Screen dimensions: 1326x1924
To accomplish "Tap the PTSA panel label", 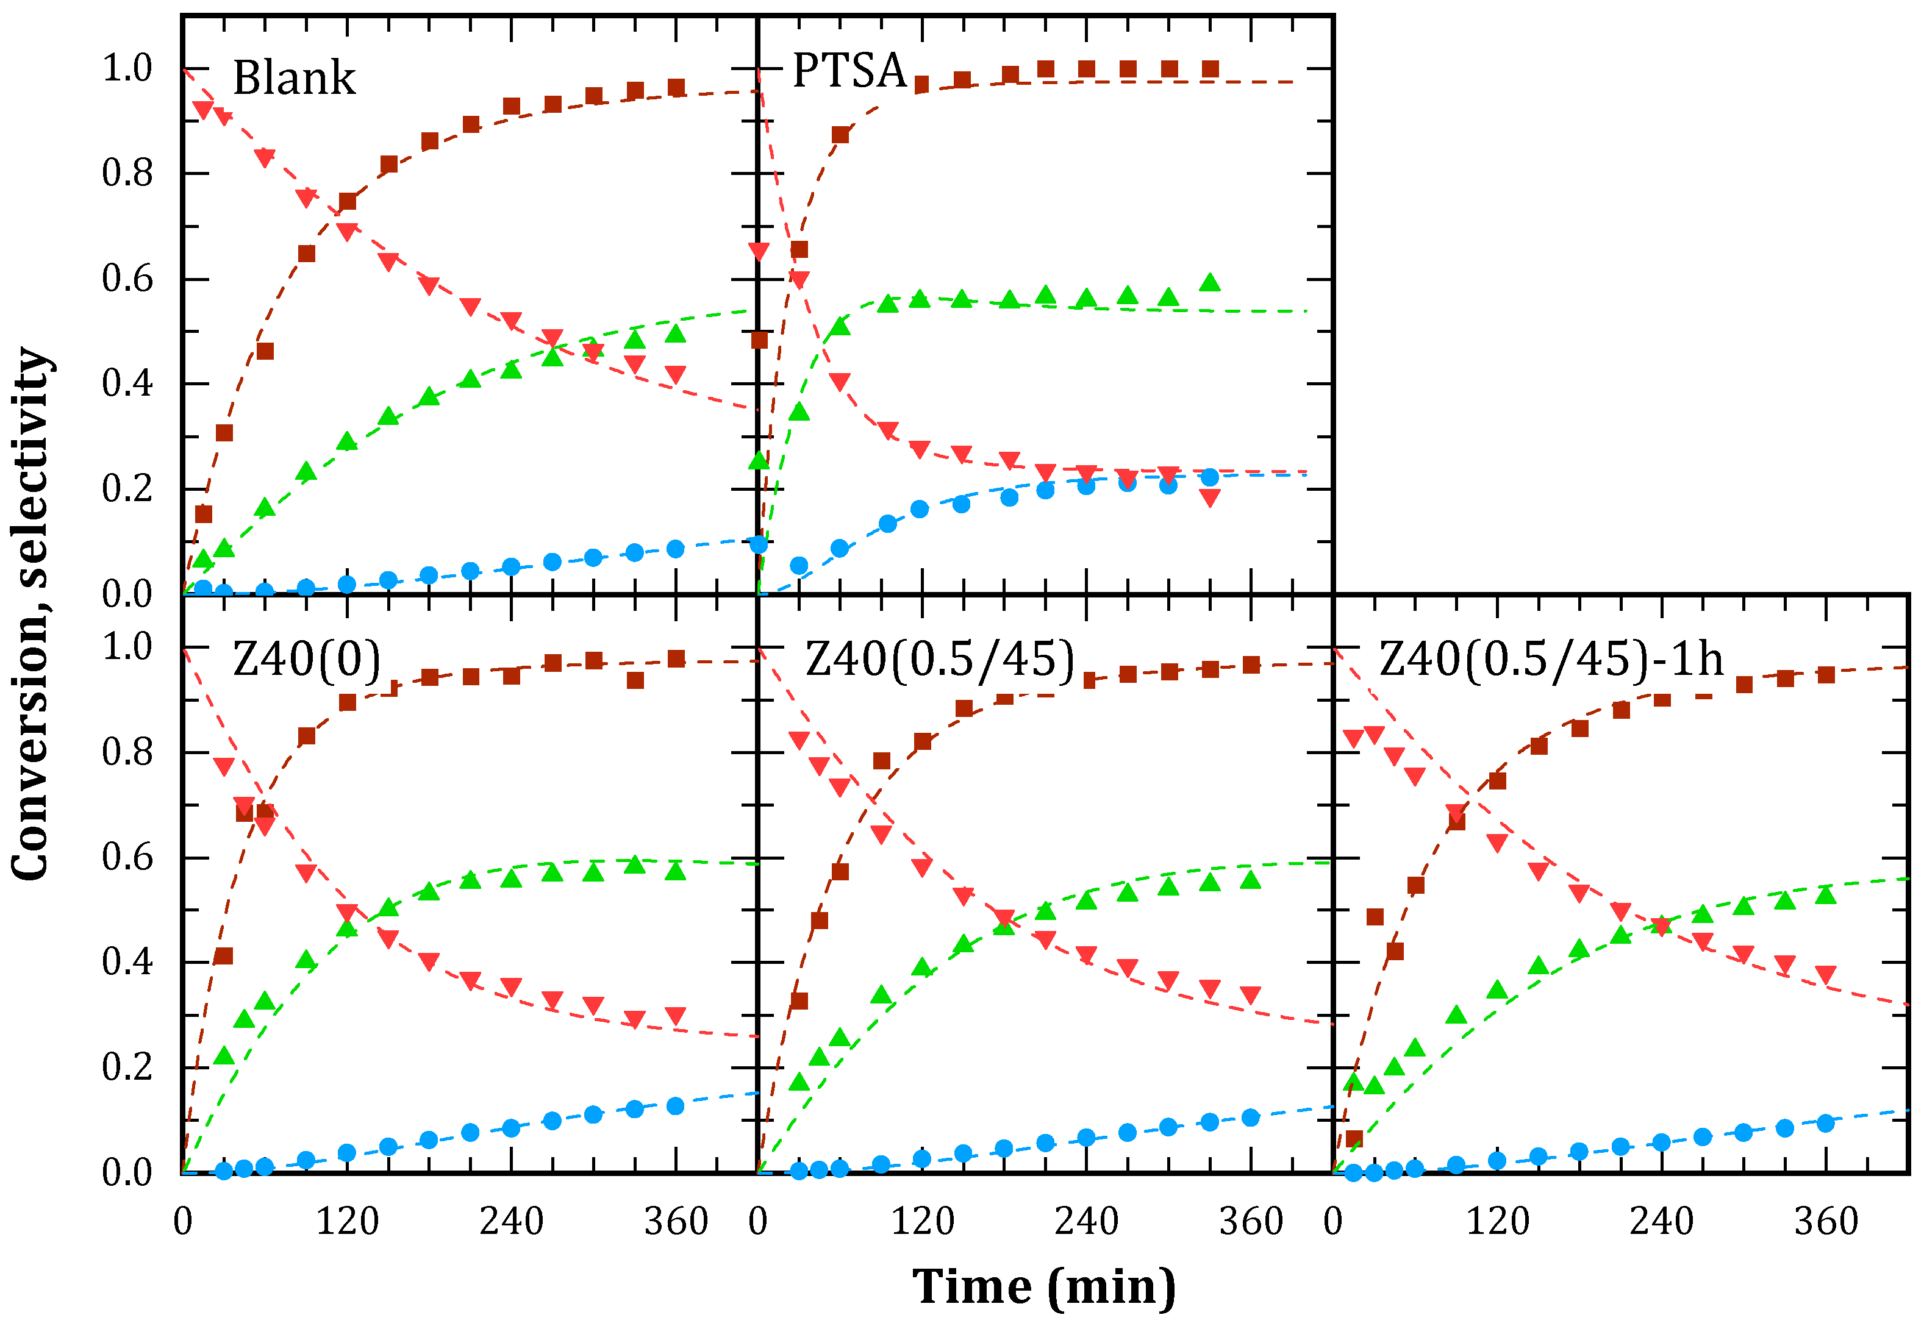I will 848,71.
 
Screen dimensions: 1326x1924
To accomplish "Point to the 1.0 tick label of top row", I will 127,68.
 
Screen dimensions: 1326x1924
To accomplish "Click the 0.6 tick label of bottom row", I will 127,857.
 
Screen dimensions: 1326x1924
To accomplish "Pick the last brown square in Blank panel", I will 676,87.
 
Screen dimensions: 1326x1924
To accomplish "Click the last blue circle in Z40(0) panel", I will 676,1106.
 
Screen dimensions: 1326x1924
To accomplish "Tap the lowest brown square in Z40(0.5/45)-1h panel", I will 1354,1138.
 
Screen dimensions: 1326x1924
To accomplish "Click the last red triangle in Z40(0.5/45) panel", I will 1251,996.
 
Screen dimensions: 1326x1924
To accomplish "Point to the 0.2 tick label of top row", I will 127,488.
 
